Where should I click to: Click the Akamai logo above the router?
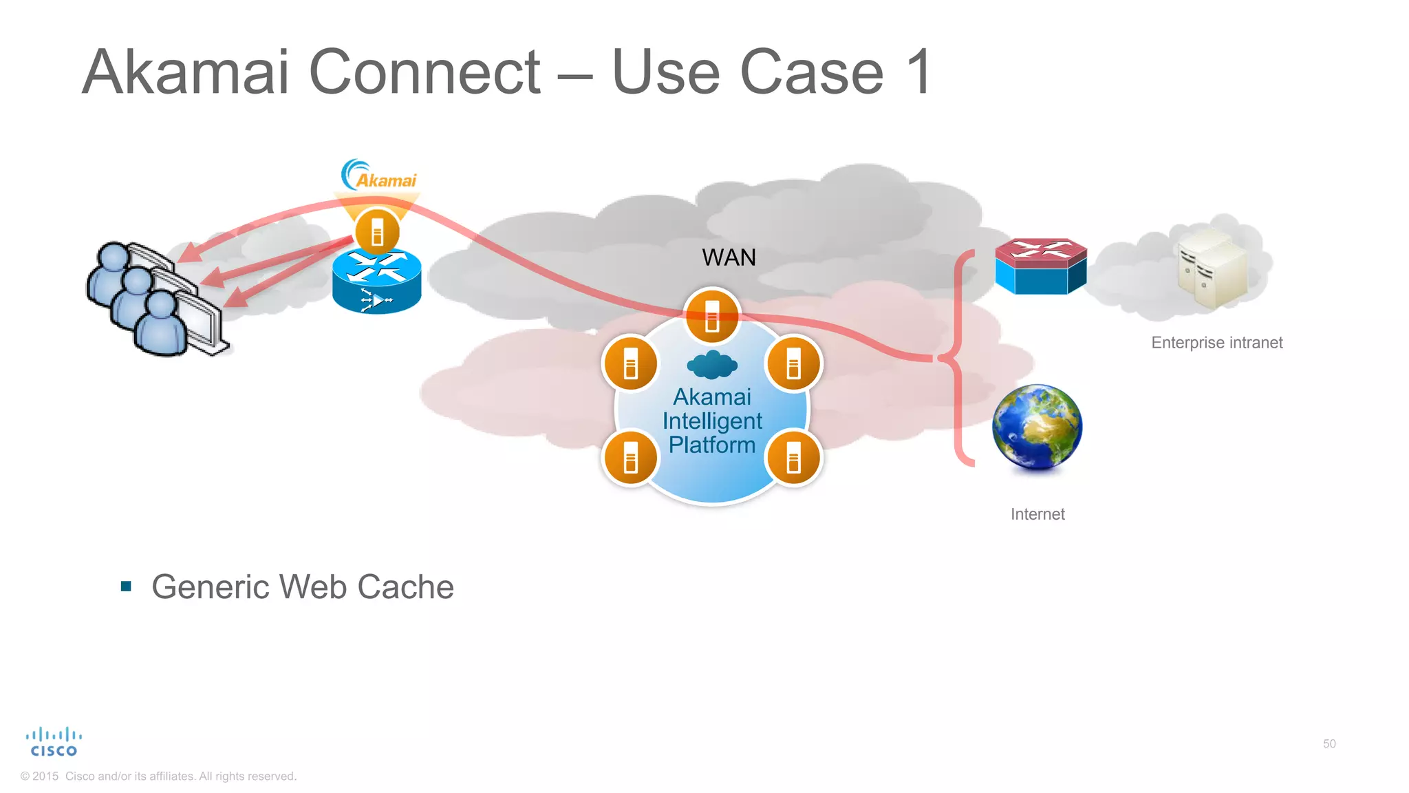379,176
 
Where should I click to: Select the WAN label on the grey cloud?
729,257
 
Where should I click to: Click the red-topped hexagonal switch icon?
1040,266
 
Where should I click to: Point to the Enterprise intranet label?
1216,343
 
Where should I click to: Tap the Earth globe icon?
1037,427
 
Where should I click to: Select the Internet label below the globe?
1037,514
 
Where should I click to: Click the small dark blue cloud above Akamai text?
712,366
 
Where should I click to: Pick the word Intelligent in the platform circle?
712,421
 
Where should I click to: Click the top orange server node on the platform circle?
712,316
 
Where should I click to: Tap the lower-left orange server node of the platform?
630,458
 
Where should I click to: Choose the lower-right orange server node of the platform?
793,458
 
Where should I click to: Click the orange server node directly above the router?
377,231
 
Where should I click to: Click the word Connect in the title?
424,72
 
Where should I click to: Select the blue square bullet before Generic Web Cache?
126,586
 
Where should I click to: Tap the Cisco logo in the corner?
54,742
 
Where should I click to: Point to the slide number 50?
1329,743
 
